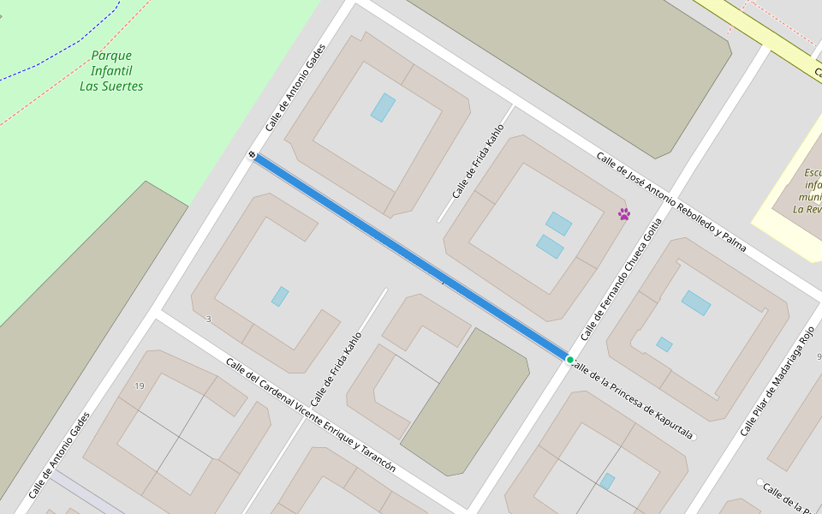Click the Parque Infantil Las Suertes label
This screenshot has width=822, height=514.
pos(111,71)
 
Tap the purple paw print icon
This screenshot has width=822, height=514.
pos(624,214)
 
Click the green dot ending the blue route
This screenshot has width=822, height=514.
pos(570,359)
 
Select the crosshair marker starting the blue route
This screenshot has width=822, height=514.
pos(253,155)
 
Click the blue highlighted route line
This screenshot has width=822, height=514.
pos(411,256)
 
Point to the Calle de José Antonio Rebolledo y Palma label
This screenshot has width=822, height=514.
pos(671,202)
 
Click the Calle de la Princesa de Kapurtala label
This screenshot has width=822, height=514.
pos(632,400)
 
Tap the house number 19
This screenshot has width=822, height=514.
pos(140,386)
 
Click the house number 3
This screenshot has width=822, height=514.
pos(208,320)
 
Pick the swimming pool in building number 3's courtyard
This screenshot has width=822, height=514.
pos(280,296)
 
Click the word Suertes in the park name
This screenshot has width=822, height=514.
pos(111,87)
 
